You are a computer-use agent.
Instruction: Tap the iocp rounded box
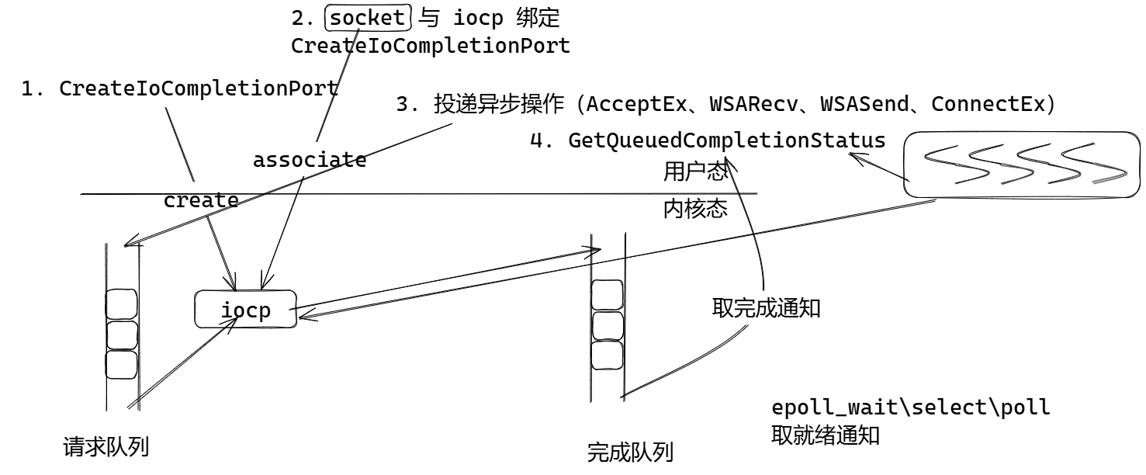(x=245, y=310)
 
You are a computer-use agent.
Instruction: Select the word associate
(x=310, y=161)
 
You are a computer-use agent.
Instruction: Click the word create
(x=201, y=200)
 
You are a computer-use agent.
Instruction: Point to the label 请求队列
(x=106, y=447)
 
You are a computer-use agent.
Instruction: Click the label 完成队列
(x=630, y=452)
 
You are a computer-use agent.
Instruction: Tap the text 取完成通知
(x=766, y=308)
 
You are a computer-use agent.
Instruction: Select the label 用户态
(x=695, y=172)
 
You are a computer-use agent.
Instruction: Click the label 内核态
(x=695, y=209)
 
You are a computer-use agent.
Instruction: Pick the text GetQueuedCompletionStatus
(x=727, y=140)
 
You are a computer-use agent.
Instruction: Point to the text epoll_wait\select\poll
(x=911, y=407)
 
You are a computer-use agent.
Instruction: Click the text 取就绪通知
(x=825, y=435)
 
